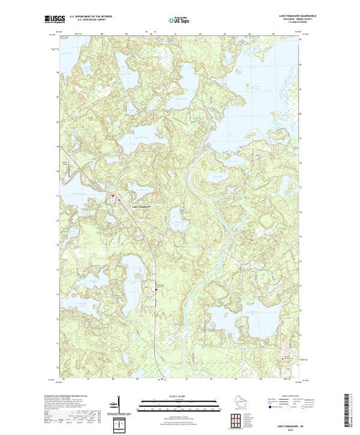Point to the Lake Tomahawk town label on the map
(x=140, y=205)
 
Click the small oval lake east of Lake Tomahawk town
(x=176, y=221)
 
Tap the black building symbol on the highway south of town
(x=156, y=291)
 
